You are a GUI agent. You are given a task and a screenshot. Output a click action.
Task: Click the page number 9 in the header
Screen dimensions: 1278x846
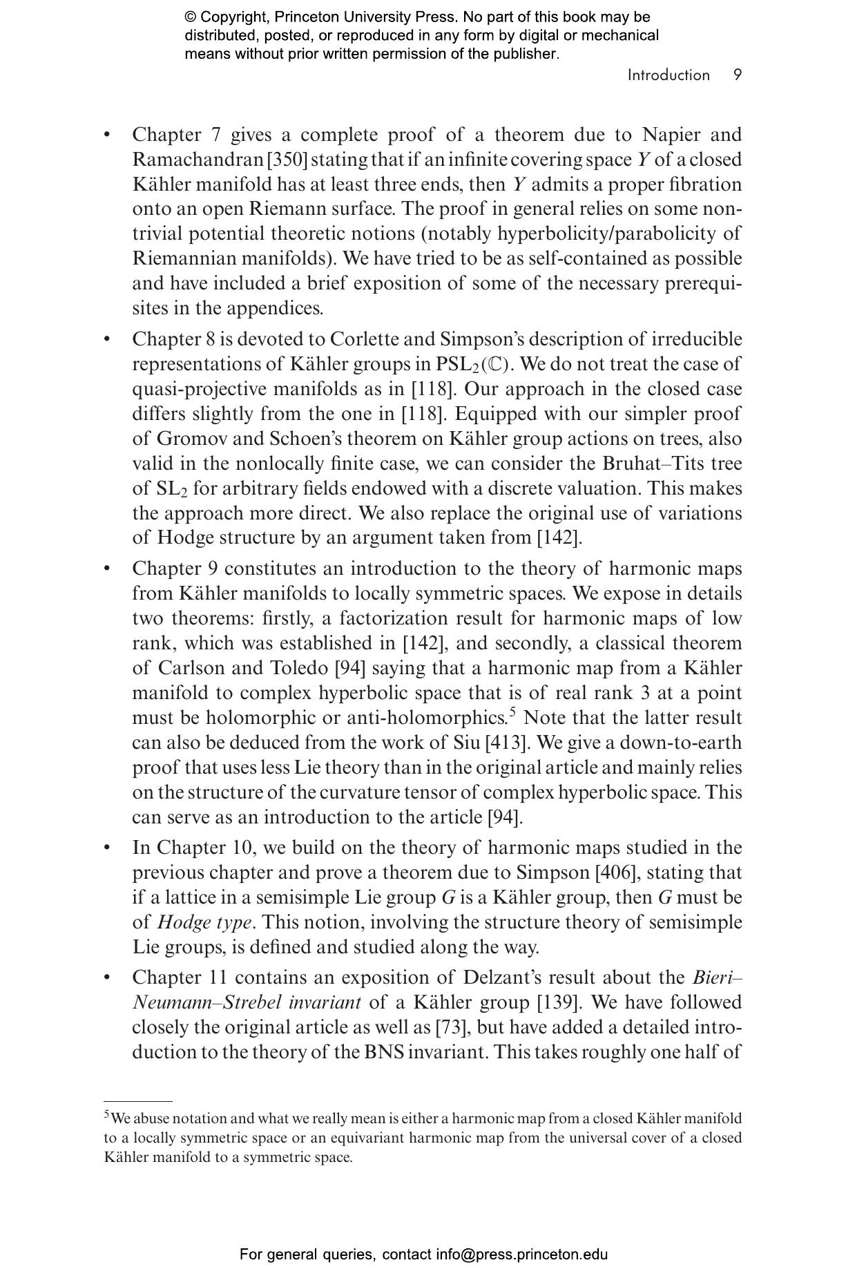pyautogui.click(x=738, y=75)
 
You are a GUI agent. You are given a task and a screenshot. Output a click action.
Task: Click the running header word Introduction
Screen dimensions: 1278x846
pyautogui.click(x=668, y=75)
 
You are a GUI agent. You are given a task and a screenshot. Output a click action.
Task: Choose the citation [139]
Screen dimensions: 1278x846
pyautogui.click(x=557, y=1002)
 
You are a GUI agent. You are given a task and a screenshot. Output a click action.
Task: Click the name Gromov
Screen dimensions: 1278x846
pyautogui.click(x=189, y=439)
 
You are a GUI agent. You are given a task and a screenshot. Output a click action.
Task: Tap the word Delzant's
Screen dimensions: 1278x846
pyautogui.click(x=503, y=977)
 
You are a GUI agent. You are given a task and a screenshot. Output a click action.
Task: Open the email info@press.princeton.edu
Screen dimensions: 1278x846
pyautogui.click(x=521, y=1254)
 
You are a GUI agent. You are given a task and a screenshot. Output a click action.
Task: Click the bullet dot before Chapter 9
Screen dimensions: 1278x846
pyautogui.click(x=107, y=569)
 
